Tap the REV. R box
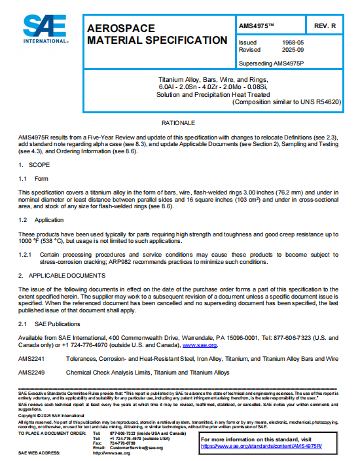point(325,25)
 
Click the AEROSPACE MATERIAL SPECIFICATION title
point(157,34)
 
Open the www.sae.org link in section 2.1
point(200,344)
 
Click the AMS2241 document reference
point(31,359)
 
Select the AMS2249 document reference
point(31,373)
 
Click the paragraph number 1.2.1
point(26,254)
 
